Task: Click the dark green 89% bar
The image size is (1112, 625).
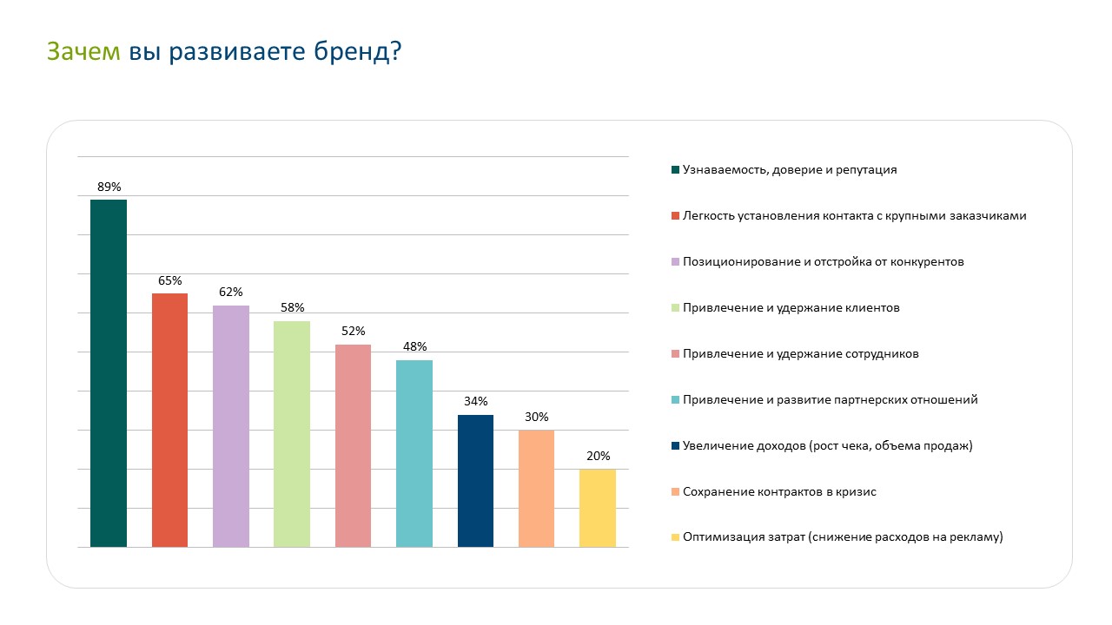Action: click(x=109, y=373)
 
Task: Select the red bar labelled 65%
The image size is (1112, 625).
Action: click(x=169, y=420)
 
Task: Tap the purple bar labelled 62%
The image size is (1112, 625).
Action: click(x=231, y=426)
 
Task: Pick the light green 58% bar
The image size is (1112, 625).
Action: click(x=292, y=434)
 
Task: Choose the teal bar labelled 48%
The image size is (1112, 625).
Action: click(x=414, y=453)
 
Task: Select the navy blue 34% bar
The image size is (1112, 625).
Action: click(x=475, y=481)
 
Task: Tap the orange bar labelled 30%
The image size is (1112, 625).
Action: click(x=536, y=489)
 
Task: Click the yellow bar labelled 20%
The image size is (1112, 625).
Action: click(x=598, y=508)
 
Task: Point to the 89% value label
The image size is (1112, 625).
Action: click(x=109, y=187)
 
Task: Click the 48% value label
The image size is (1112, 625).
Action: click(x=414, y=347)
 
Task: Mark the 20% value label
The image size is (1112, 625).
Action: click(x=598, y=456)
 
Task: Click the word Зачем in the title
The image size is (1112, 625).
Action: click(x=83, y=52)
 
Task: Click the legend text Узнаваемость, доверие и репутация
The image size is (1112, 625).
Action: click(x=789, y=170)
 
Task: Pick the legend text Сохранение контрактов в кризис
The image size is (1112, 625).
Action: click(x=779, y=492)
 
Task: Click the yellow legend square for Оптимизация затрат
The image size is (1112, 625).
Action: click(x=675, y=538)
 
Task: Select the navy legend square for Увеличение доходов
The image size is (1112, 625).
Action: click(x=675, y=446)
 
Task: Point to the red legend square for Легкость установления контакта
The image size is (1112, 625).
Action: click(x=675, y=216)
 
